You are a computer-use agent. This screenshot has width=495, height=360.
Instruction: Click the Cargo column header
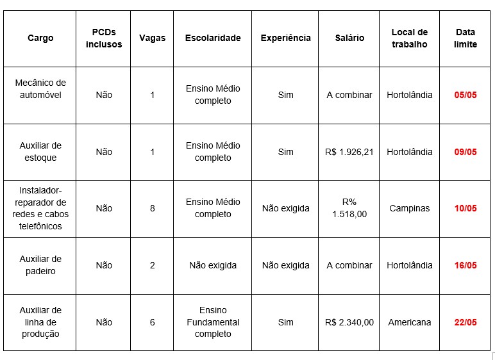(40, 38)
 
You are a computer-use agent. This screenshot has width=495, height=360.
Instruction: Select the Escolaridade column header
(213, 38)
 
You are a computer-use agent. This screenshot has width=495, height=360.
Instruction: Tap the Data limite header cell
(466, 38)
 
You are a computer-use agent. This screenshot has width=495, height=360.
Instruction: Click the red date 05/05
(466, 95)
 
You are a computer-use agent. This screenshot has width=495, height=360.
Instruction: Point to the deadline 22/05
(466, 322)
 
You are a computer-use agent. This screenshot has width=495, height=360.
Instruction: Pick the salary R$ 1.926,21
(349, 152)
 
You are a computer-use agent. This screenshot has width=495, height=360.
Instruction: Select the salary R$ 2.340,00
(349, 322)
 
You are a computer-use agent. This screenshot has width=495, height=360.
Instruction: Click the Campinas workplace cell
(409, 208)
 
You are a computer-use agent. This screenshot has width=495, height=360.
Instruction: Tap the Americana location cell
(409, 322)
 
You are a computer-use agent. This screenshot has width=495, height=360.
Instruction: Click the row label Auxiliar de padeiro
(40, 265)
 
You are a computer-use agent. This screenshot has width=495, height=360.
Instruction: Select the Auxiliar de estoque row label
(40, 152)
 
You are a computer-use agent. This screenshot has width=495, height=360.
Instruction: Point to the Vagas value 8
(153, 208)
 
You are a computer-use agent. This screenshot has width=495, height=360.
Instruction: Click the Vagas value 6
(153, 322)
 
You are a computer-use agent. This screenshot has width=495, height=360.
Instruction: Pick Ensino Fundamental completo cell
(213, 322)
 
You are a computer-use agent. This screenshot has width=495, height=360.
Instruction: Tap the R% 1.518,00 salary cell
(349, 208)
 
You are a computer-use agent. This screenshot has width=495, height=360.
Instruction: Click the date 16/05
(466, 265)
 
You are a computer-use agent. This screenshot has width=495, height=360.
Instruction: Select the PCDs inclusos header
(104, 38)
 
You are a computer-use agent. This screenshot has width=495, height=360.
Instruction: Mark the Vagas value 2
(153, 265)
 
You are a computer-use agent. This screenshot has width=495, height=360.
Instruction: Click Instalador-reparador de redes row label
(40, 208)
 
